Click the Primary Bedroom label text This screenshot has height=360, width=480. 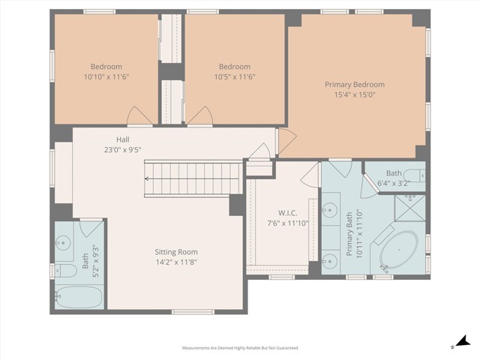tap(354, 85)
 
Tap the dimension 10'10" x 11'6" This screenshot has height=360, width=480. tap(106, 76)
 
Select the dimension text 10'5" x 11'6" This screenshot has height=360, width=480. tap(233, 76)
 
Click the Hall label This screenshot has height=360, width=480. tap(123, 139)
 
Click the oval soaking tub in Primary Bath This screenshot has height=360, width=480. tap(399, 250)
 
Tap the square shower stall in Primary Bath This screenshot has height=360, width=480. tap(409, 208)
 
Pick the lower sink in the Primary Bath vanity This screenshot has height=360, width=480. tap(331, 259)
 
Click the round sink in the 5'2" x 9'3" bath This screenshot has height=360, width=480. tap(64, 241)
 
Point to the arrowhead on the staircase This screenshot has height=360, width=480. tap(148, 178)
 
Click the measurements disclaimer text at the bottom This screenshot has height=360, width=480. tap(240, 348)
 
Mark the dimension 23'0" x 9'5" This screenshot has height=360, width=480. tap(123, 150)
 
